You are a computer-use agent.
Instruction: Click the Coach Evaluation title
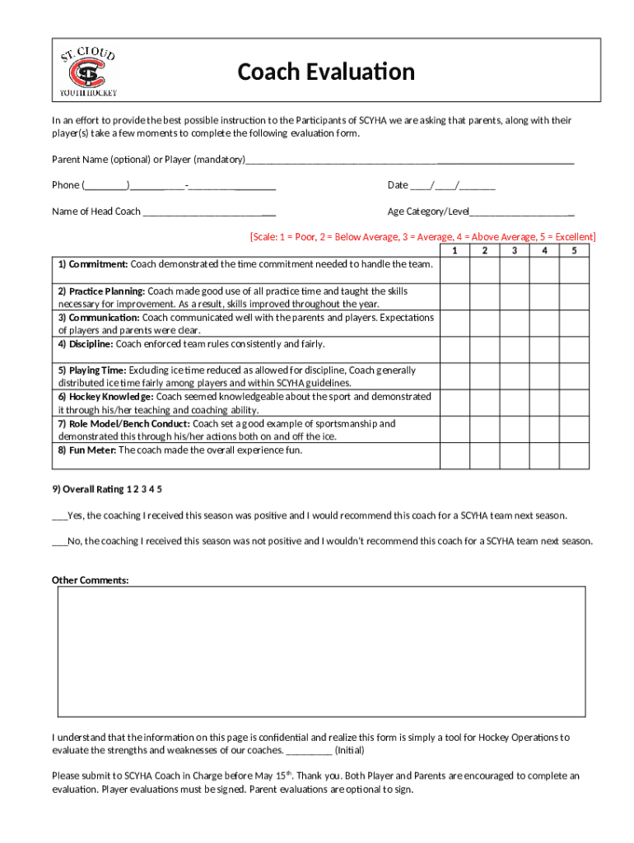(326, 72)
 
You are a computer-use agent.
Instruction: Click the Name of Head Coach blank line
(209, 212)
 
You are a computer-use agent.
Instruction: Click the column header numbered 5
(574, 250)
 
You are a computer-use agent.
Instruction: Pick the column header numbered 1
(455, 250)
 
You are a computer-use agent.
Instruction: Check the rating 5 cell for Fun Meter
(574, 456)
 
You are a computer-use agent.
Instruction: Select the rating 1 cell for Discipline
(455, 350)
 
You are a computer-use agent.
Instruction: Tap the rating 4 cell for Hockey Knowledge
(543, 403)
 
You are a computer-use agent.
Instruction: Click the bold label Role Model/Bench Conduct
(124, 424)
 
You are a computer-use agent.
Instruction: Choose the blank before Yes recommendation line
(59, 516)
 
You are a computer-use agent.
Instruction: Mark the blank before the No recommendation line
(59, 542)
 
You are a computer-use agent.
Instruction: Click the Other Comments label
(91, 580)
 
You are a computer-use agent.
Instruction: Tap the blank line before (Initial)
(310, 751)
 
